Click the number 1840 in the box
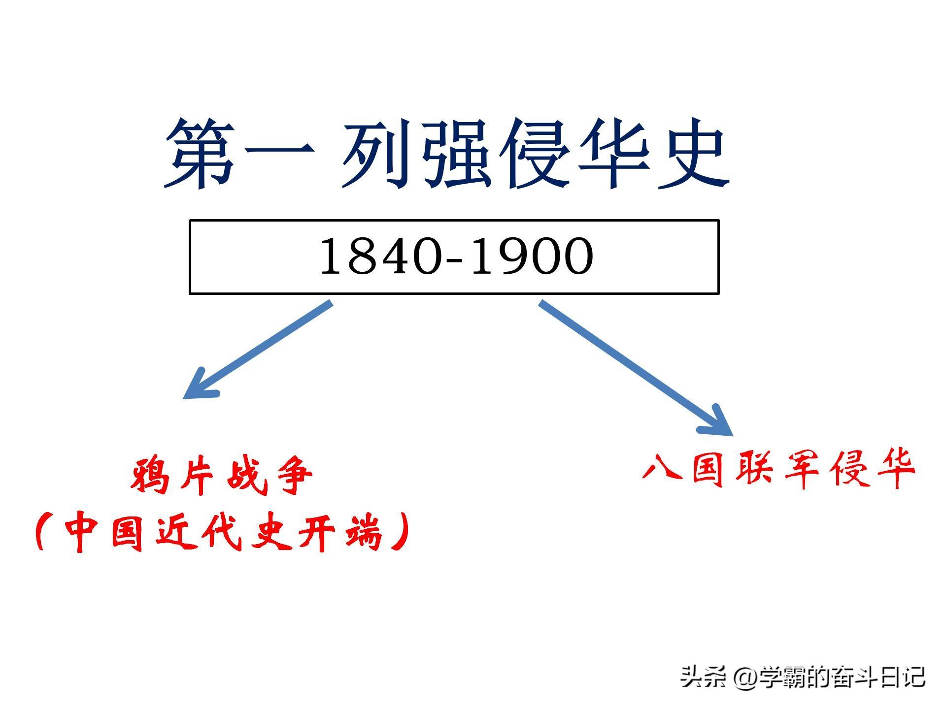click(379, 257)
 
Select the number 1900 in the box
click(533, 257)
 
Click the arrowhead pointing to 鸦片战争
click(200, 385)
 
